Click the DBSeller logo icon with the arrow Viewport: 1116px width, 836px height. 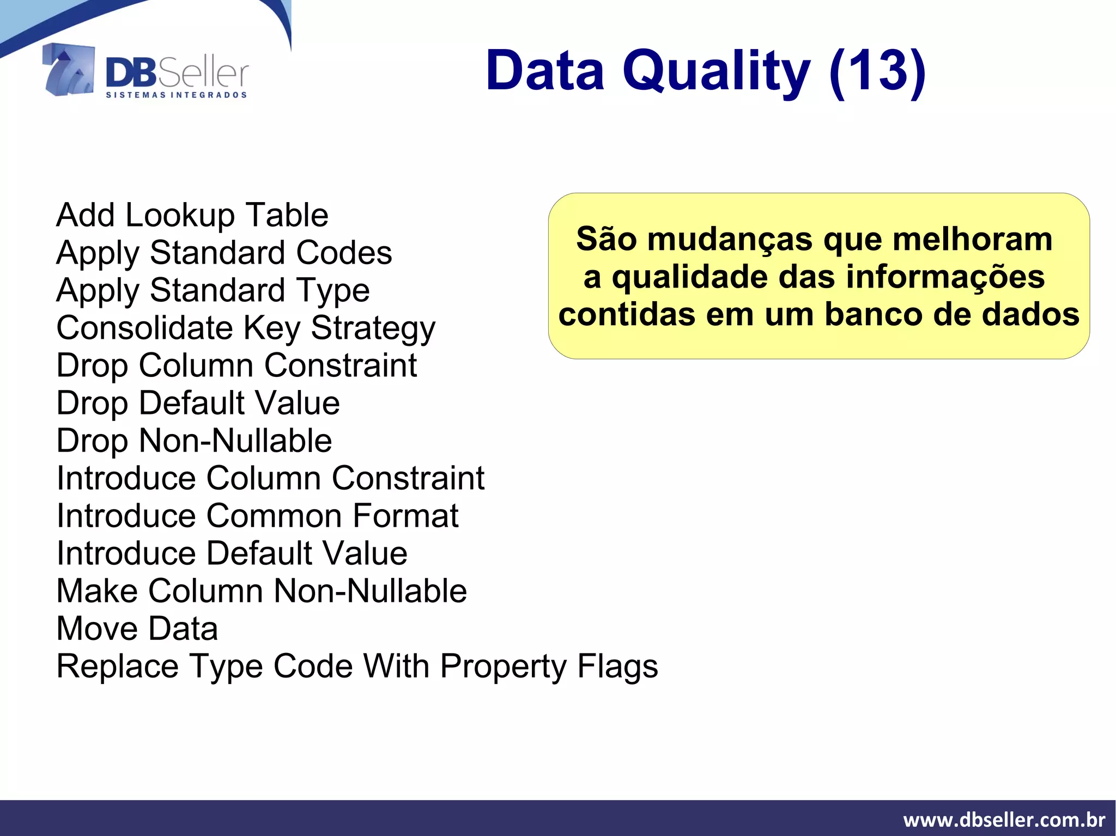click(68, 70)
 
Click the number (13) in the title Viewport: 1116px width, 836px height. click(877, 71)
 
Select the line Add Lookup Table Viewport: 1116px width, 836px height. click(192, 215)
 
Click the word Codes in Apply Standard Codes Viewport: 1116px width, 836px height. click(344, 253)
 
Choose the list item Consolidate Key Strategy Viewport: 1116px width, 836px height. click(246, 328)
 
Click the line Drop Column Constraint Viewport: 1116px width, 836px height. click(236, 365)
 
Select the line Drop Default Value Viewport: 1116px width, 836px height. click(198, 403)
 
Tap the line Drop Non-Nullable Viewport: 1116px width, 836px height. click(194, 441)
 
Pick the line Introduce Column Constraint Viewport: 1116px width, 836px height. click(270, 478)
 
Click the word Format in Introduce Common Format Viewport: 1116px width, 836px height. click(405, 516)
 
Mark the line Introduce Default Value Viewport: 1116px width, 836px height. click(232, 553)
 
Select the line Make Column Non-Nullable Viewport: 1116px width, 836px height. click(262, 591)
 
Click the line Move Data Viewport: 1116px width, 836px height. click(137, 628)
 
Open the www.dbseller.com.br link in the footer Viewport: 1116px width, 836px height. click(1004, 820)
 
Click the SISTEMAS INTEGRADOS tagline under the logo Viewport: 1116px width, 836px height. click(176, 95)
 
